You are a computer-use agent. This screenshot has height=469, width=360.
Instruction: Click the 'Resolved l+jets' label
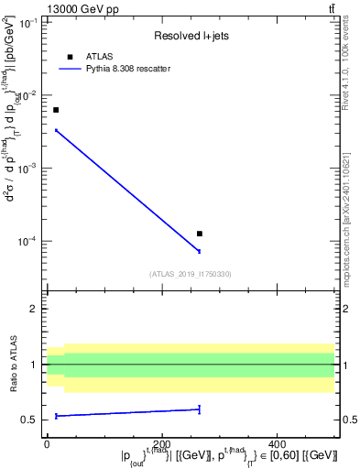coord(190,38)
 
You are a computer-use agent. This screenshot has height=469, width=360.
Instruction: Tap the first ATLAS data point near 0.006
coord(56,110)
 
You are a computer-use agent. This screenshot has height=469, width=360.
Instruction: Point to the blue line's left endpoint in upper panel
coord(56,130)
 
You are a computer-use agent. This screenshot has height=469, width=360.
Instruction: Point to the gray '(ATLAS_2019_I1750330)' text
coord(190,274)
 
